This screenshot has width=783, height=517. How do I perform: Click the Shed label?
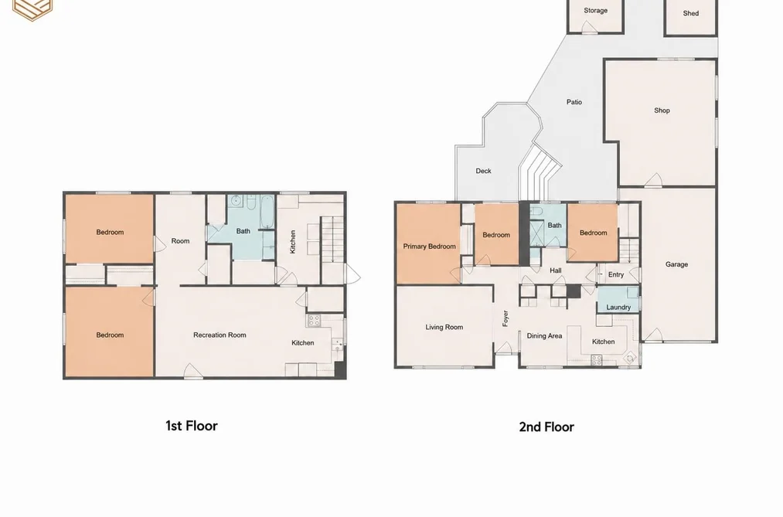tap(690, 13)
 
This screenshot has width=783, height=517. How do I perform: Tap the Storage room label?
tap(595, 11)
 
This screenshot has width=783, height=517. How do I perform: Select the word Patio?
tap(574, 102)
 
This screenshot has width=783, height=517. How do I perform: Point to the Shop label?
tap(662, 111)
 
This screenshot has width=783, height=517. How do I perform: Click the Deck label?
tap(483, 171)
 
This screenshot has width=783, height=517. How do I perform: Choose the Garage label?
tap(676, 264)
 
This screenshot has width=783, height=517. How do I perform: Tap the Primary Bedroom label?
tap(430, 247)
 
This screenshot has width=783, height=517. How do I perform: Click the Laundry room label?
tap(618, 308)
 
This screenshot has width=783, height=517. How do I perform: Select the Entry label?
tap(616, 274)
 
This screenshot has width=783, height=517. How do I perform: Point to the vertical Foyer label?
tap(506, 318)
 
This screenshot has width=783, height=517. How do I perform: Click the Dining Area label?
tap(544, 336)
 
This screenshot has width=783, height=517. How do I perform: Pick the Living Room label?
tap(444, 328)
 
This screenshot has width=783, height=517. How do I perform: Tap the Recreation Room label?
tap(220, 335)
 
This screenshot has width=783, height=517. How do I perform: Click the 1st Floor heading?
tap(192, 426)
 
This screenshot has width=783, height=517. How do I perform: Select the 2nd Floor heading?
tap(546, 427)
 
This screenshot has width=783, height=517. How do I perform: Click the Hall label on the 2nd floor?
tap(555, 270)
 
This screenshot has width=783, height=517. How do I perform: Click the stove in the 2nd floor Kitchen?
tap(596, 360)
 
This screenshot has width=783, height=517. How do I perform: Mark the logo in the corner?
tap(32, 9)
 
